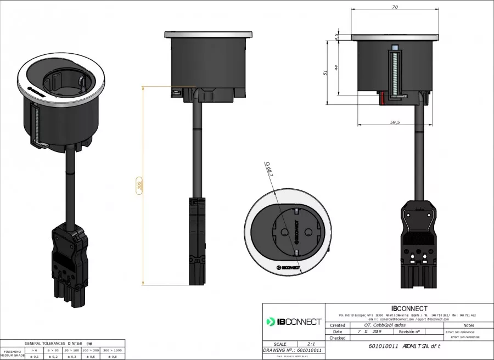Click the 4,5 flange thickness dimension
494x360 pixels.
click(x=336, y=37)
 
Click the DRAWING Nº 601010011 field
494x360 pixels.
click(x=293, y=350)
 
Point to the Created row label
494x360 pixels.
click(x=337, y=325)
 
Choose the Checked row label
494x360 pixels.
click(x=337, y=338)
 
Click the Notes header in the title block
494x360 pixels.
click(x=468, y=325)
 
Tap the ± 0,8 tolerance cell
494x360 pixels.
click(x=114, y=357)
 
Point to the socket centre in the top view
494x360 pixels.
click(x=288, y=232)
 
